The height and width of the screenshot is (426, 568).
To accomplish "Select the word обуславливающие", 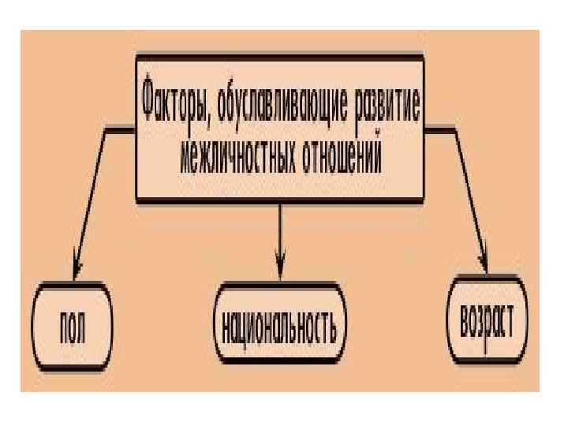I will (x=282, y=104).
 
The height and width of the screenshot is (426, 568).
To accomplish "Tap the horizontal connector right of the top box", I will (x=442, y=126).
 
